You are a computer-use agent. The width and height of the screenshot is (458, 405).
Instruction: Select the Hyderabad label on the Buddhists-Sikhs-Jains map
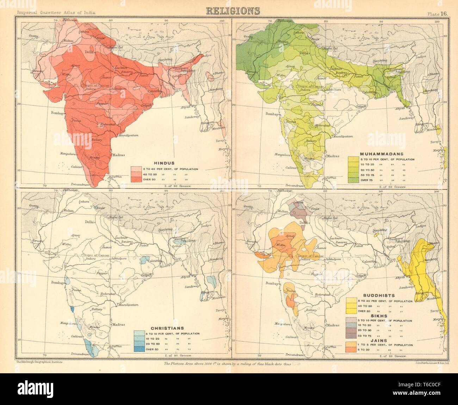click(322, 294)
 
